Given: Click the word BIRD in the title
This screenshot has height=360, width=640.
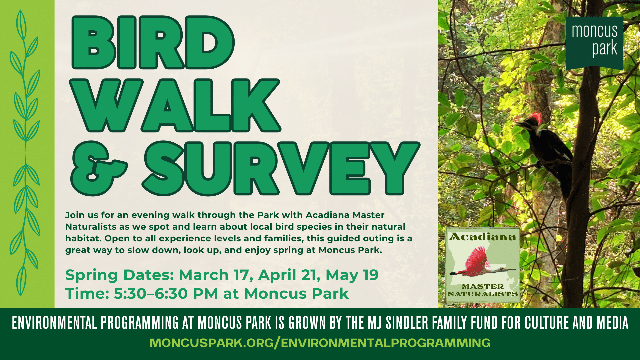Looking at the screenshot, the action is tap(153, 42).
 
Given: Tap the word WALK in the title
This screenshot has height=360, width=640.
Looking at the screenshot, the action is tap(175, 106).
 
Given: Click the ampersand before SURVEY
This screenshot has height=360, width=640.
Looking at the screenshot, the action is tap(99, 168).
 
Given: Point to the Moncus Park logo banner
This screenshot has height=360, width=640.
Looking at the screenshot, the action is tap(594, 43).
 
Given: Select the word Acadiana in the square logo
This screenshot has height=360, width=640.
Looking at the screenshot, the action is tap(483, 237).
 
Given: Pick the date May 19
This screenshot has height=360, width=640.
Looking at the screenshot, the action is tap(352, 275).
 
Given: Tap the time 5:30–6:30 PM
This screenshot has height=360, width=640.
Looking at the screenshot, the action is tap(166, 294).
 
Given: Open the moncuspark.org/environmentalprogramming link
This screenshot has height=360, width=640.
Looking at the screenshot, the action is tap(320, 343).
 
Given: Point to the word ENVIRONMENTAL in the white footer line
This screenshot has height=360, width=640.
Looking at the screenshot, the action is tap(54, 323).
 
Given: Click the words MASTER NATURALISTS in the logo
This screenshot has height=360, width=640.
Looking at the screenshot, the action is tap(483, 290).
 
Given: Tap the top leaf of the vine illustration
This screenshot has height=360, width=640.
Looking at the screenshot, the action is tap(21, 25).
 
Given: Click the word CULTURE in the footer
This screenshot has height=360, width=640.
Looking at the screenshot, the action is tap(547, 323).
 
